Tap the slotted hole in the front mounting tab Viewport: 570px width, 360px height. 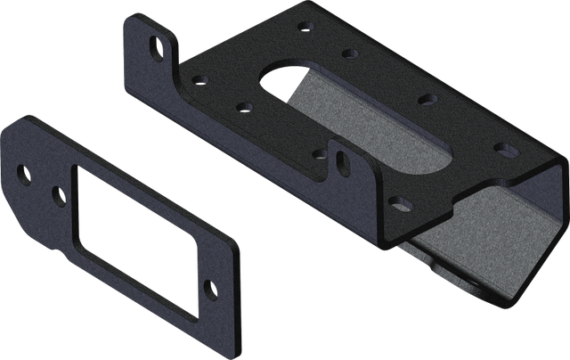click(x=341, y=160)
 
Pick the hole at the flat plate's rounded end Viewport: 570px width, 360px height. click(x=24, y=173)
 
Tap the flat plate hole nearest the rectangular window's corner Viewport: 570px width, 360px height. click(x=59, y=192)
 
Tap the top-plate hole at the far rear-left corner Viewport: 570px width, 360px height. click(x=306, y=29)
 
